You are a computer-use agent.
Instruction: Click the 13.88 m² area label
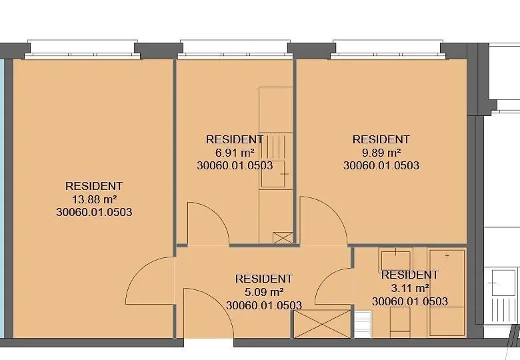(x=94, y=199)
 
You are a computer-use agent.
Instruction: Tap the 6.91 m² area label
(x=235, y=153)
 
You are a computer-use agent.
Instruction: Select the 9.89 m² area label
(x=381, y=153)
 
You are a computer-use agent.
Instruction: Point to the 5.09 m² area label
(x=264, y=293)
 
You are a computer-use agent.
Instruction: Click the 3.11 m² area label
(x=410, y=288)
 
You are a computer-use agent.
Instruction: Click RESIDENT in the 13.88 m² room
(x=94, y=186)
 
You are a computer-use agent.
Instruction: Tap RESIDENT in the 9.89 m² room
(x=381, y=139)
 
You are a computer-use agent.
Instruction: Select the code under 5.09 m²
(x=264, y=305)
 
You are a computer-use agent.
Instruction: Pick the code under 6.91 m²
(x=235, y=165)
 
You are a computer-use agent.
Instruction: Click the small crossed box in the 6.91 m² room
(x=283, y=238)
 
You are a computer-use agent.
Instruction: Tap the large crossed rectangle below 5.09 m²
(x=322, y=324)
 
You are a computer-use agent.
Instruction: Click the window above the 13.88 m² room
(x=82, y=49)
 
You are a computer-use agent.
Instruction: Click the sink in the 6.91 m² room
(x=273, y=174)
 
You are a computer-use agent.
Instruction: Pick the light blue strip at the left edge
(x=1, y=198)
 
